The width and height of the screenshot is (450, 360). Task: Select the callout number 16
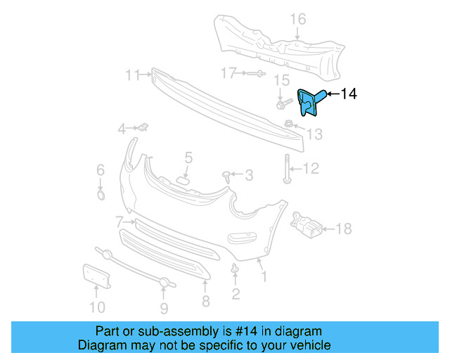point(299,19)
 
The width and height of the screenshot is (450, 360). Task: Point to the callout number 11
point(133,73)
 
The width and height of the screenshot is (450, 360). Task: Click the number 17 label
point(228,73)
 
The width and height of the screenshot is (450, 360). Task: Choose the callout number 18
point(343,229)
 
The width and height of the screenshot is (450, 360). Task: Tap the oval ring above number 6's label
point(101,193)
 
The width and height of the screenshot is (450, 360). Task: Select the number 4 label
point(122,129)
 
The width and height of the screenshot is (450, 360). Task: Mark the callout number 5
point(188,157)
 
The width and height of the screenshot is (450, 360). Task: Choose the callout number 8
point(205,301)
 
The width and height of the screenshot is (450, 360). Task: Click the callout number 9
point(164,307)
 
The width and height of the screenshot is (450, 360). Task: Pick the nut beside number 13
point(289,125)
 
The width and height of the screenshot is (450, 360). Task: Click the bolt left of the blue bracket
point(282,105)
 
